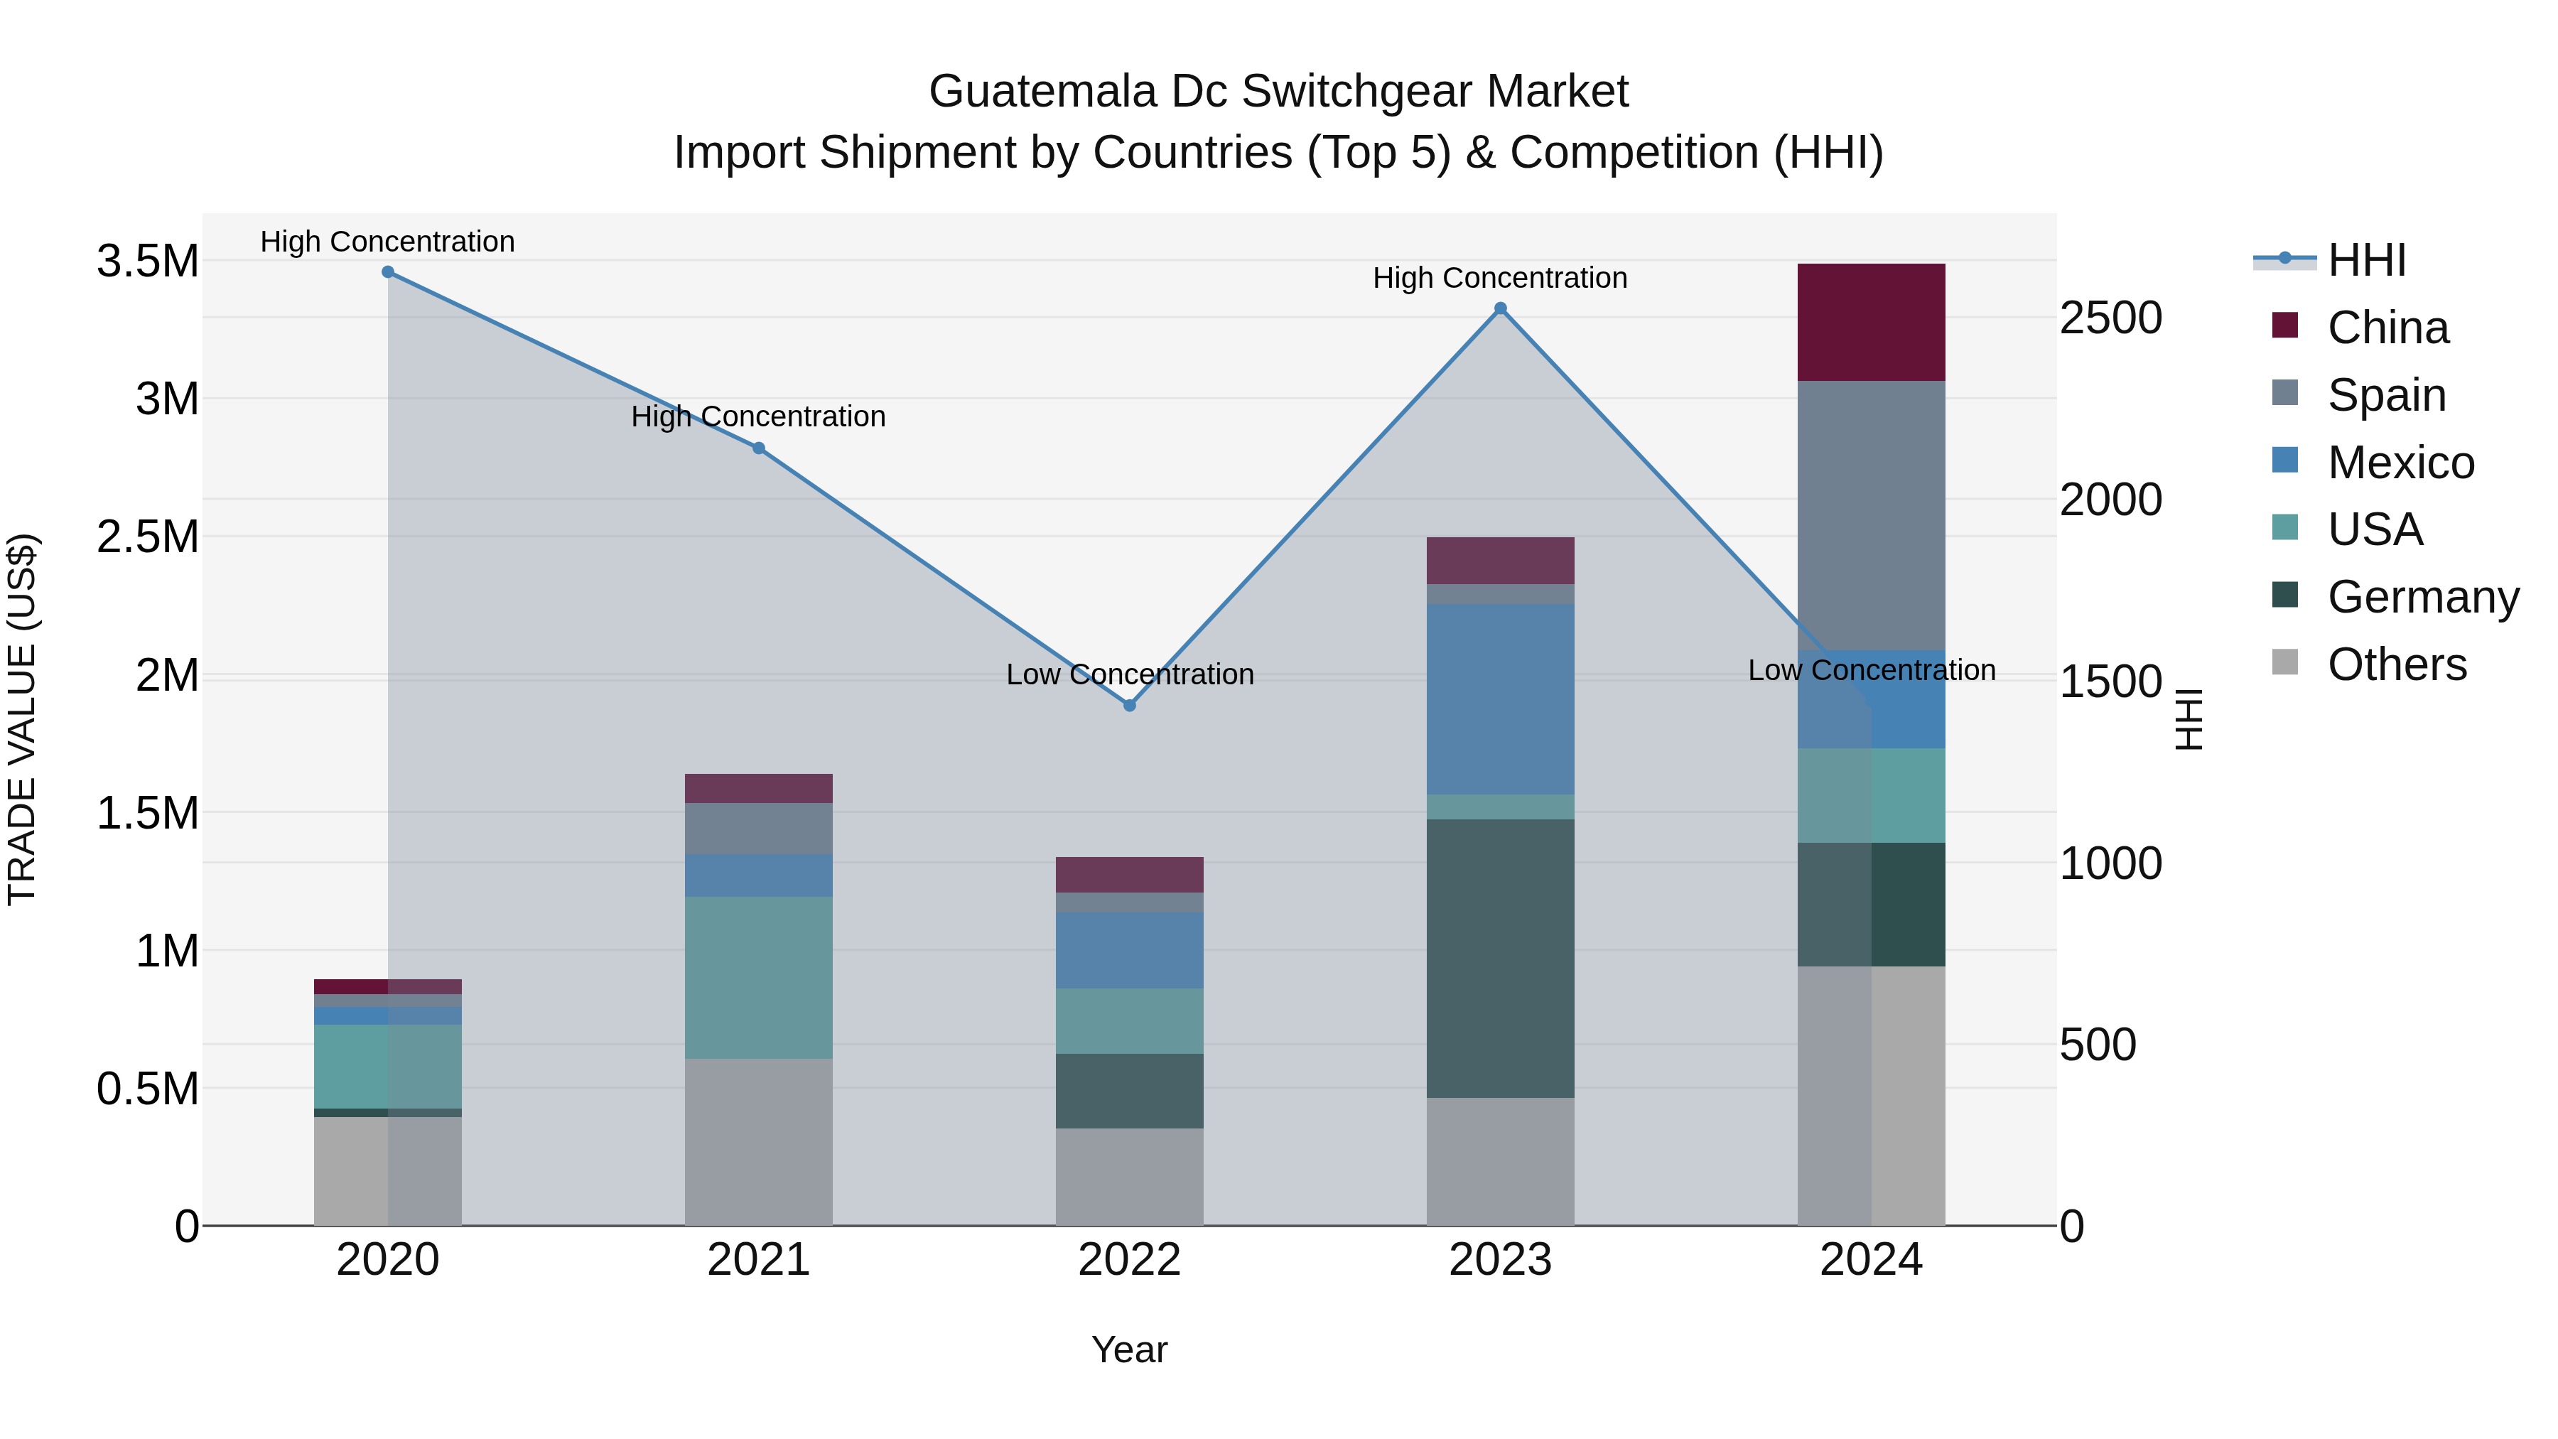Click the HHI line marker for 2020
tap(388, 272)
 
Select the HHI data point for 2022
tap(1129, 705)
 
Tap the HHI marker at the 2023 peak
tap(1501, 309)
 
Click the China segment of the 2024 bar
tap(1871, 323)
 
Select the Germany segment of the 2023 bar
tap(1501, 959)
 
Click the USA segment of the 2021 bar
tap(759, 979)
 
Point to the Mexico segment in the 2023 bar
tap(1501, 699)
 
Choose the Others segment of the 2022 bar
tap(1129, 1177)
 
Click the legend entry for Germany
tap(2422, 597)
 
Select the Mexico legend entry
tap(2400, 463)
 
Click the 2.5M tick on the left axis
tap(148, 537)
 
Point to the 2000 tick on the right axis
tap(2110, 500)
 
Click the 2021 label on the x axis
tap(759, 1260)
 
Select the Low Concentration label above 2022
tap(1129, 674)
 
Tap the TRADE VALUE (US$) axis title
tap(23, 719)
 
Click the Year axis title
tap(1129, 1349)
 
